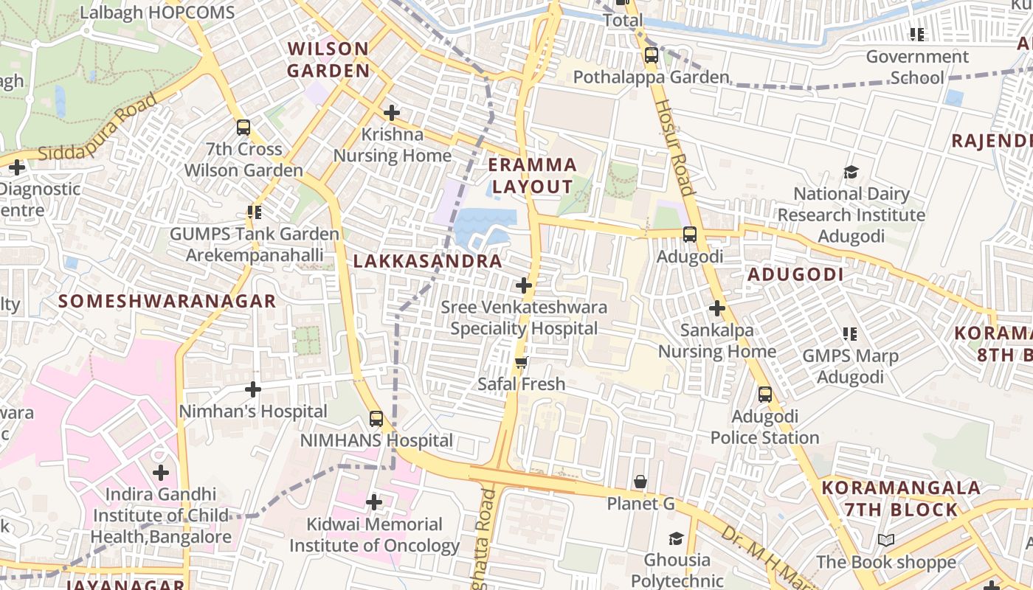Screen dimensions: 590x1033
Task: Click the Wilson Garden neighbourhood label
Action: click(328, 60)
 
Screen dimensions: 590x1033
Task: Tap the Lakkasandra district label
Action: click(427, 261)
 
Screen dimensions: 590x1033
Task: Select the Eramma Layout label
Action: click(532, 176)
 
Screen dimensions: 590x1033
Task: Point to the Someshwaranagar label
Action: click(167, 301)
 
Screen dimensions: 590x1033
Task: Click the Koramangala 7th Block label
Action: click(901, 499)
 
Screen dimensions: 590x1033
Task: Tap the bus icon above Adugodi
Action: click(689, 235)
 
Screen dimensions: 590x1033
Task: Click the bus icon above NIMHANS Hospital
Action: click(376, 419)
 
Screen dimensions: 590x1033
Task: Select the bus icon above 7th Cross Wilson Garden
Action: click(243, 127)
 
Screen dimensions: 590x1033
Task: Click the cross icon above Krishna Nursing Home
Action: click(392, 113)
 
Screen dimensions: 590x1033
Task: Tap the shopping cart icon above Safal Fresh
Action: click(522, 362)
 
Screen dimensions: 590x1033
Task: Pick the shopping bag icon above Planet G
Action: click(640, 482)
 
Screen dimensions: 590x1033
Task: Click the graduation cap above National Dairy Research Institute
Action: click(851, 172)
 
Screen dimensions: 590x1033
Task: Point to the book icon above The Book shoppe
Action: click(886, 541)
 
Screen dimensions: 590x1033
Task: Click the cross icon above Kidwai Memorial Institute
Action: click(374, 502)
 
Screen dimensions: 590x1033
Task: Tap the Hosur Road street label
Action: click(672, 147)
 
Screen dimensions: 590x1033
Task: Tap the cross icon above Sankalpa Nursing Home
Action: click(716, 308)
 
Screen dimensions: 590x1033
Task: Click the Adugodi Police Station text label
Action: click(764, 427)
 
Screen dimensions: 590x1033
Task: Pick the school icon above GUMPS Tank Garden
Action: click(255, 212)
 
